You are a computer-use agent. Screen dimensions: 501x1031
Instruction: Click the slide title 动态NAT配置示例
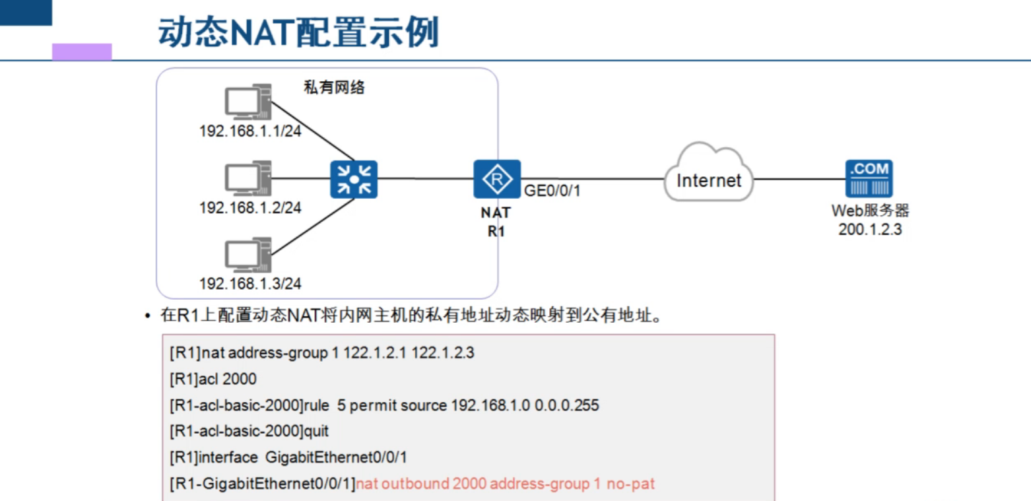pyautogui.click(x=298, y=32)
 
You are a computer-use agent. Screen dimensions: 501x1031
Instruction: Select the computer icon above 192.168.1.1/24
pyautogui.click(x=246, y=102)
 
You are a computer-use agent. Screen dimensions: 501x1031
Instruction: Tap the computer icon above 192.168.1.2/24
pyautogui.click(x=246, y=178)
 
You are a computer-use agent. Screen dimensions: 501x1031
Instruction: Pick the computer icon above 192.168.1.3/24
pyautogui.click(x=246, y=256)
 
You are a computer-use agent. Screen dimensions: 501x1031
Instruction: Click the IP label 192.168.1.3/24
pyautogui.click(x=250, y=284)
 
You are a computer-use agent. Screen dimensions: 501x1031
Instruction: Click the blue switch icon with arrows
pyautogui.click(x=353, y=179)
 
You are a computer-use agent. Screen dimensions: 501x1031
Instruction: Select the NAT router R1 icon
pyautogui.click(x=496, y=179)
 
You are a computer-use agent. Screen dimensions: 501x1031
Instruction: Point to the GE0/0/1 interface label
pyautogui.click(x=552, y=192)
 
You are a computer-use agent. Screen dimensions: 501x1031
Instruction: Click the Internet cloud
pyautogui.click(x=708, y=178)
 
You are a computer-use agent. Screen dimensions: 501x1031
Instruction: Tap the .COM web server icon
pyautogui.click(x=869, y=179)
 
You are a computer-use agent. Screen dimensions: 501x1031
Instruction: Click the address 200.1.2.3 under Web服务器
pyautogui.click(x=870, y=230)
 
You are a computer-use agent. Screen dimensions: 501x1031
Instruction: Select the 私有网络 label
pyautogui.click(x=334, y=87)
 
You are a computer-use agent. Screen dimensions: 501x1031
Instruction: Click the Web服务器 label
pyautogui.click(x=870, y=211)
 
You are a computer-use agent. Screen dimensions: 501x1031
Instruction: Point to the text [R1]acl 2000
pyautogui.click(x=213, y=379)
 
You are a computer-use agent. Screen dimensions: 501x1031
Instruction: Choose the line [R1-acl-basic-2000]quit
pyautogui.click(x=249, y=432)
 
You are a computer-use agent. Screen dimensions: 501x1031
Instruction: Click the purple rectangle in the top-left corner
pyautogui.click(x=82, y=51)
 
